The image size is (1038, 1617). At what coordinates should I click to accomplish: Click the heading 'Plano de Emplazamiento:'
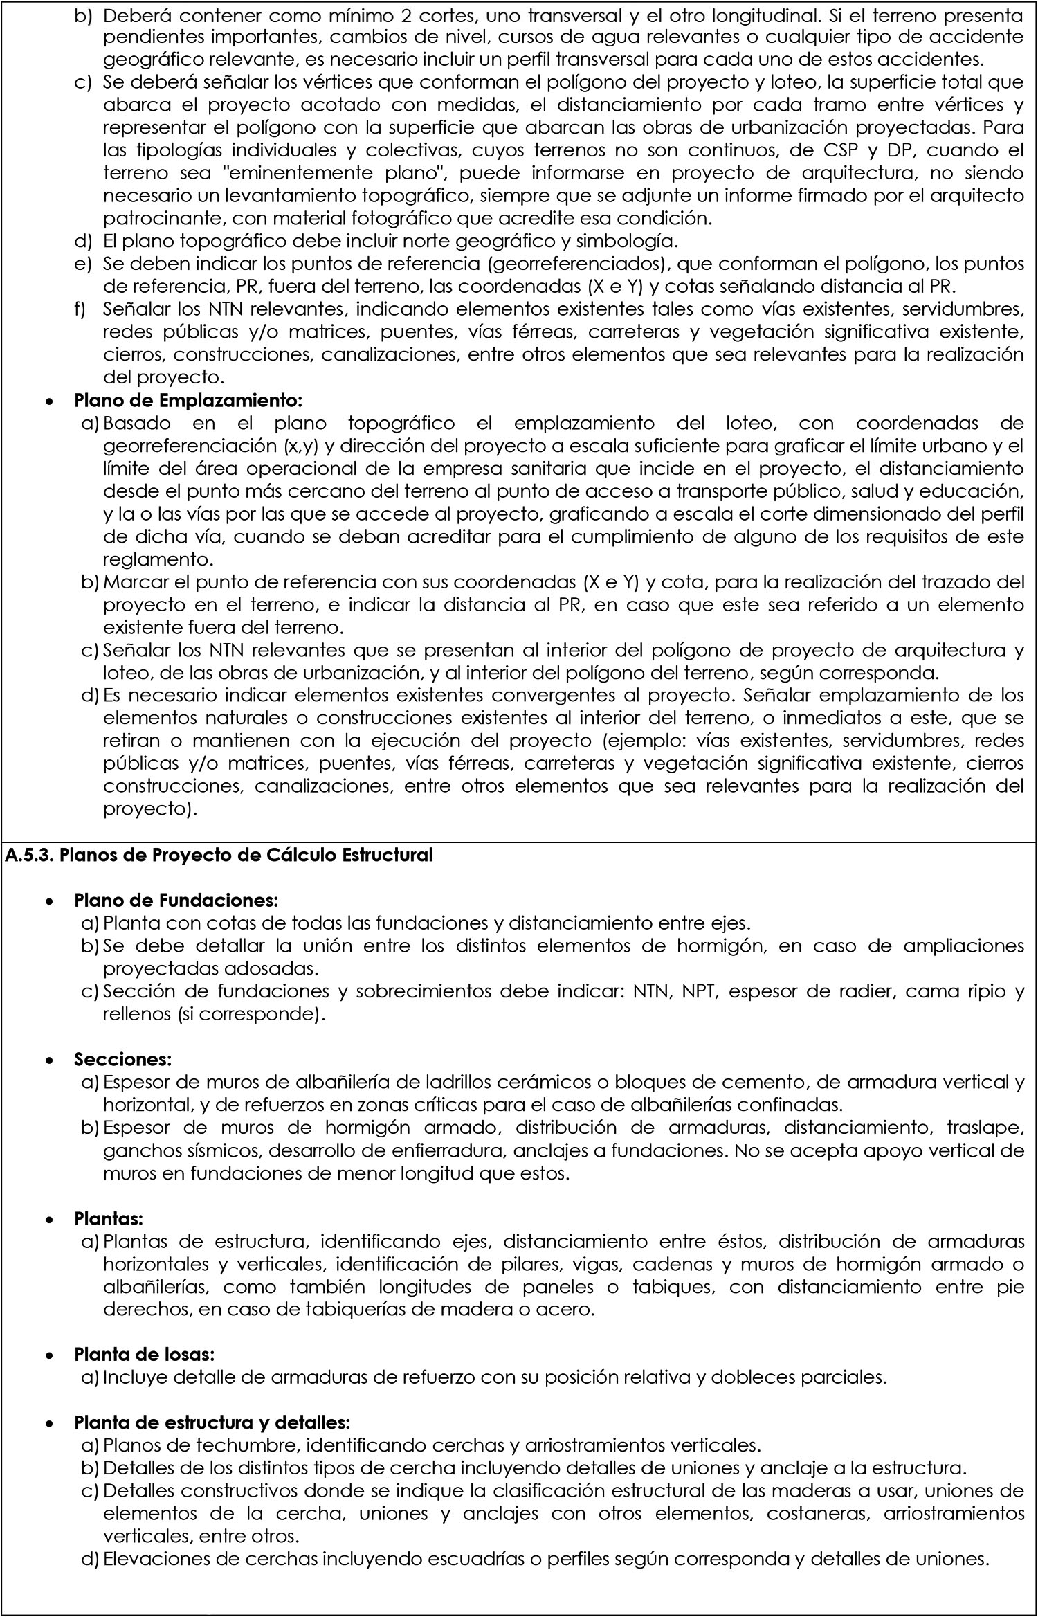[x=188, y=400]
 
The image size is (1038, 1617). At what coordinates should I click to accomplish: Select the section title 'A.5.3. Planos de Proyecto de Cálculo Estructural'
[x=219, y=855]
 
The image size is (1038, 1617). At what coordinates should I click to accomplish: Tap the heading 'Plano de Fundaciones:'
[x=176, y=901]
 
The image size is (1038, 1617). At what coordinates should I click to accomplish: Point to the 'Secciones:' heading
[x=122, y=1060]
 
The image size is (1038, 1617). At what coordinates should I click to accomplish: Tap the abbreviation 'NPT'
[x=702, y=992]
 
